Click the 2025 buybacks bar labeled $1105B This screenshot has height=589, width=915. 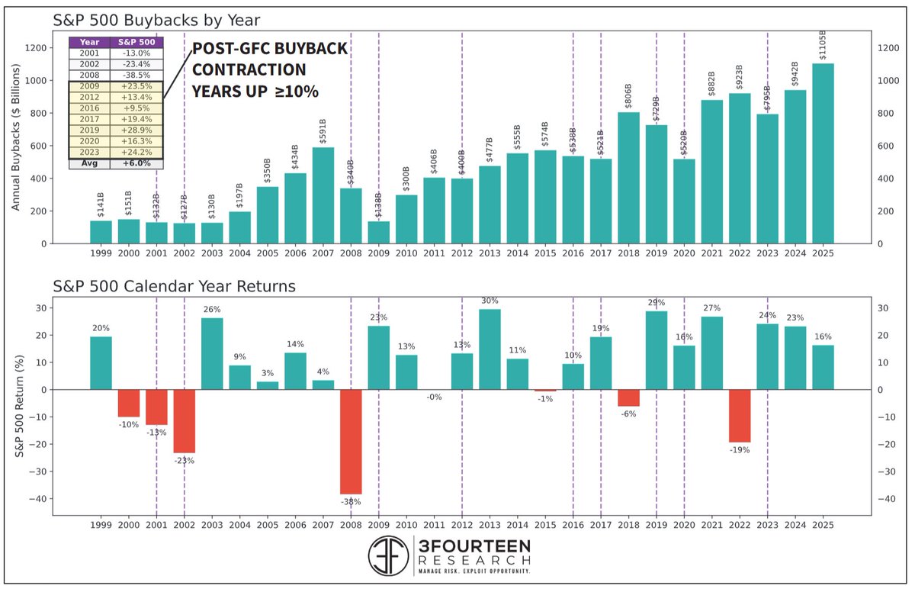(823, 153)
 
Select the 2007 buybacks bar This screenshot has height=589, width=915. (323, 195)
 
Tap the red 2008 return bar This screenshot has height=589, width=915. (351, 442)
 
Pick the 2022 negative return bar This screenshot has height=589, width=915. (740, 416)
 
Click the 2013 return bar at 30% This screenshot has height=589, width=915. (490, 349)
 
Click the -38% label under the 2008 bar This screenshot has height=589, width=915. (351, 501)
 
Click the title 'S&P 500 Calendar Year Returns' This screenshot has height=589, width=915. (174, 287)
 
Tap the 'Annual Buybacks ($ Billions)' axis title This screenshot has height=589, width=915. (16, 137)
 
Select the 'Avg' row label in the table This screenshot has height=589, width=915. (89, 163)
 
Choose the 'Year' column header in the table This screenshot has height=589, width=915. (89, 42)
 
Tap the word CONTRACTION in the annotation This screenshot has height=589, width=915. (249, 70)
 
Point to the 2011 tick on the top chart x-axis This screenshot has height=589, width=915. (434, 253)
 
